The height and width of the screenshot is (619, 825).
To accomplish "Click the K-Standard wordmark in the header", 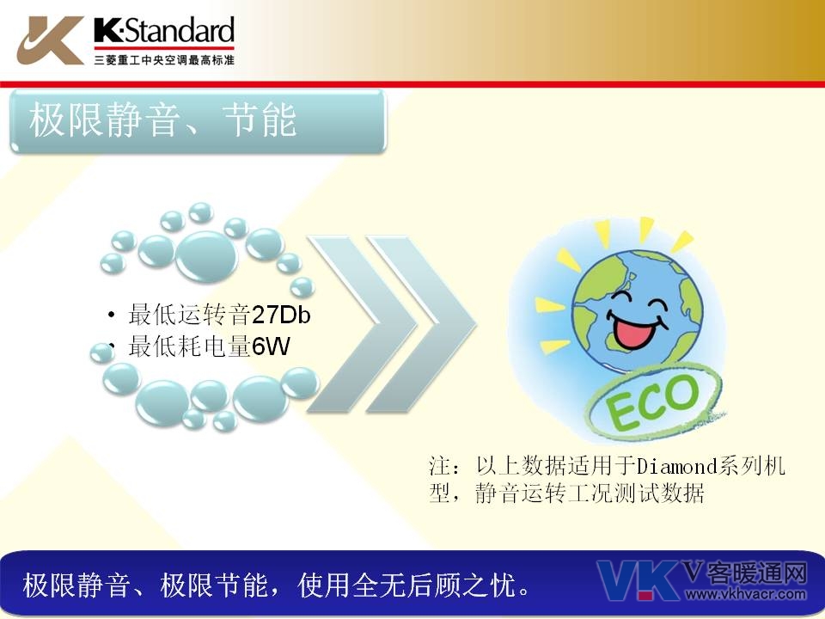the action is point(164,30).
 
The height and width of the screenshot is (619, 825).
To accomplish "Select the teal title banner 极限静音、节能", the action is point(199,121).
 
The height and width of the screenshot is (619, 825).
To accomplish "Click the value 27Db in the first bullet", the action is point(281,315).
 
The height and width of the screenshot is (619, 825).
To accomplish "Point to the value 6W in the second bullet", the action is point(271,346).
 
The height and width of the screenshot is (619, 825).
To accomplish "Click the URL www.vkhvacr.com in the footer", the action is point(746,595).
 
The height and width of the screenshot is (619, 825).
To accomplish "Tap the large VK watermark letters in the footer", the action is point(638,580).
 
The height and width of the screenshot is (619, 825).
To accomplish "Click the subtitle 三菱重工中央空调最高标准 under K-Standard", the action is point(164,60).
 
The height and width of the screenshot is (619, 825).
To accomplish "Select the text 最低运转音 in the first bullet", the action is point(189,315).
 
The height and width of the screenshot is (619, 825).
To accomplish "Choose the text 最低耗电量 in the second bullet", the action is point(189,346).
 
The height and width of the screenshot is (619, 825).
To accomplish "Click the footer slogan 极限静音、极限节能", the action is point(144,585).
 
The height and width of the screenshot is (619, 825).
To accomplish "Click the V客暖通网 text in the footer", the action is point(745,573).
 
